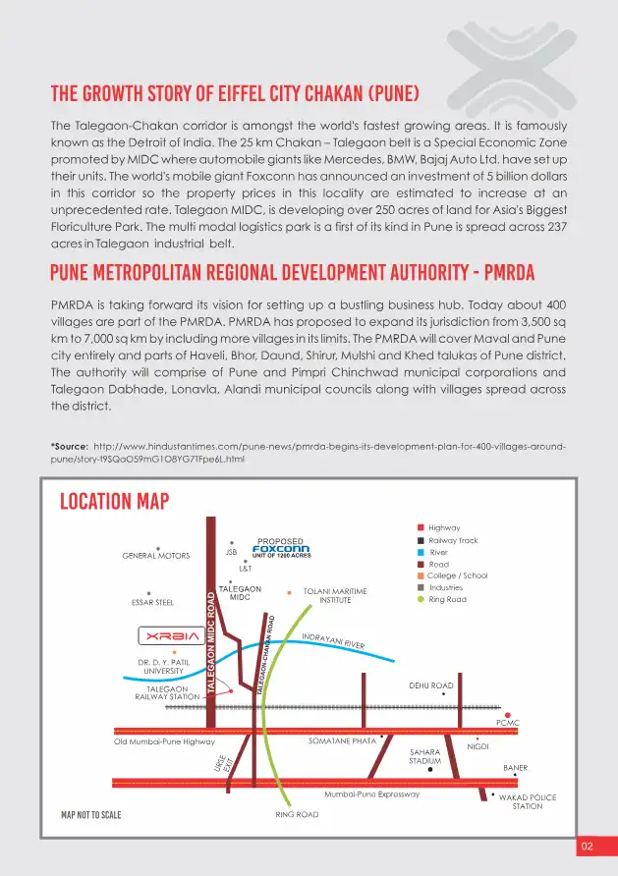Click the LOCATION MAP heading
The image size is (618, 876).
114,502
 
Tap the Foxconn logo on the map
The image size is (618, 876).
281,549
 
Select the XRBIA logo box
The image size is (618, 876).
173,634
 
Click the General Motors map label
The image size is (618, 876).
156,556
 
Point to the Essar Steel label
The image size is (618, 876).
151,602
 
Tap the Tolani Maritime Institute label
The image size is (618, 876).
335,595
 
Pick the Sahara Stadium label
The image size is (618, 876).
425,756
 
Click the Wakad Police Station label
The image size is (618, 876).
527,801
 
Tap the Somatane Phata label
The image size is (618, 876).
342,741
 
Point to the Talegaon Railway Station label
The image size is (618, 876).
167,692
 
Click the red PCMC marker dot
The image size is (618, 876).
508,715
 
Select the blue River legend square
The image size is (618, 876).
421,552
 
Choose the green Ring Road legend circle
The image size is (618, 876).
421,599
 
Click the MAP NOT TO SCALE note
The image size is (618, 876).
91,815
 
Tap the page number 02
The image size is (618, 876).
588,846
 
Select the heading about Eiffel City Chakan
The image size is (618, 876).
235,95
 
